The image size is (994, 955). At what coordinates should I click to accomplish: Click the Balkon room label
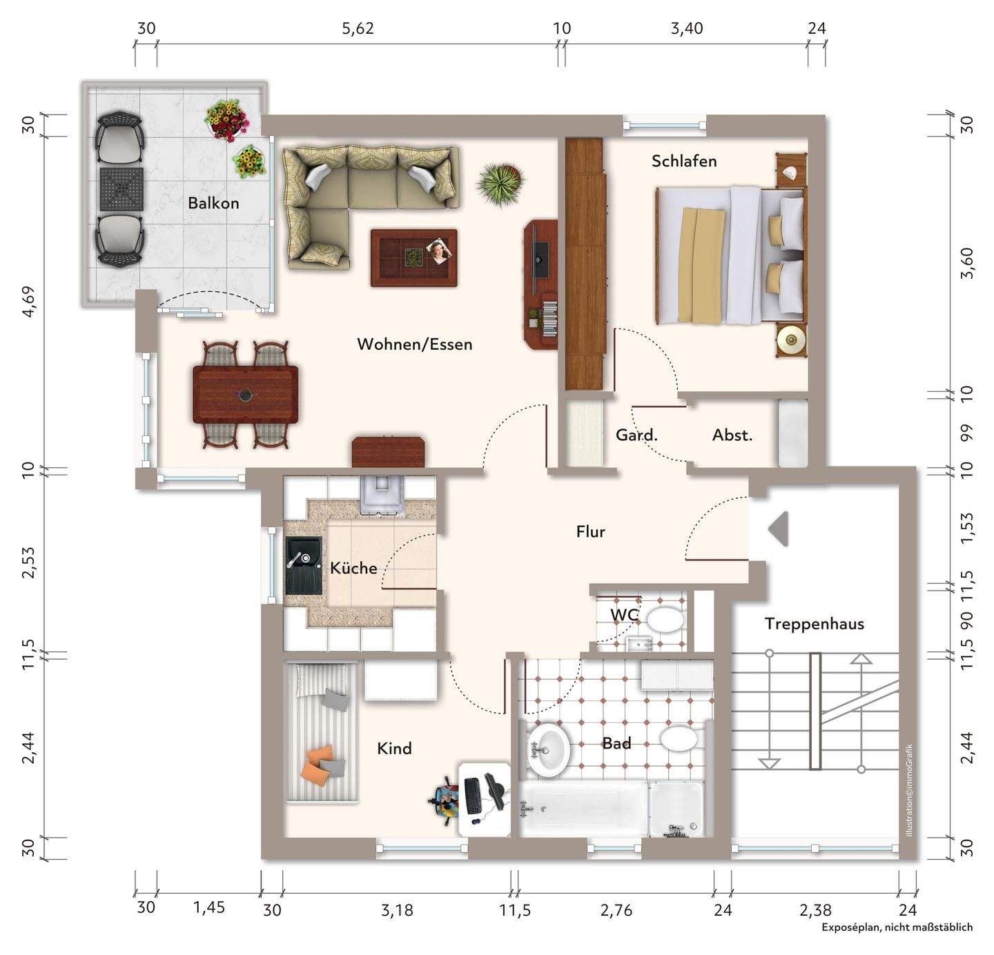tap(213, 204)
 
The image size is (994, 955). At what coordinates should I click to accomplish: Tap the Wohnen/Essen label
tap(414, 344)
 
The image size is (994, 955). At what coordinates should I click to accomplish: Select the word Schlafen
tap(684, 161)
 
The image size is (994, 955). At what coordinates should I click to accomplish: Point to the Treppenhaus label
tap(815, 624)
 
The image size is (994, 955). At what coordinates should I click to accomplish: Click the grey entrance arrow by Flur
tap(778, 529)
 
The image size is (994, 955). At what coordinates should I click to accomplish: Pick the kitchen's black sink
tap(304, 565)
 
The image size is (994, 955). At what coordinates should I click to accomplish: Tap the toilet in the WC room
tap(665, 620)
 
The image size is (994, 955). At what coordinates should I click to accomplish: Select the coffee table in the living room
tap(413, 258)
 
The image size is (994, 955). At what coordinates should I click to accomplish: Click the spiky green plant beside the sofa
tap(500, 184)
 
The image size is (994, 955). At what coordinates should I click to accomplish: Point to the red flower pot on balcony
tap(227, 120)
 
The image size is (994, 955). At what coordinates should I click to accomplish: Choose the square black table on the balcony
tap(121, 189)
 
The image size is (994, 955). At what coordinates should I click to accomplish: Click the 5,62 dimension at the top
tap(358, 28)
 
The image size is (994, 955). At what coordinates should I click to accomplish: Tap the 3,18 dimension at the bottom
tap(397, 910)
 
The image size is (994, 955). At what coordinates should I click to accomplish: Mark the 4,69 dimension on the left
tap(28, 302)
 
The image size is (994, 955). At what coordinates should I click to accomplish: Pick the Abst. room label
tap(732, 435)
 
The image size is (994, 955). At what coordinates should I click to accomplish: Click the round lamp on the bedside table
tap(791, 339)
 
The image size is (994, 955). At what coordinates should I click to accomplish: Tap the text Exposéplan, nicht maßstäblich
tap(897, 927)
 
